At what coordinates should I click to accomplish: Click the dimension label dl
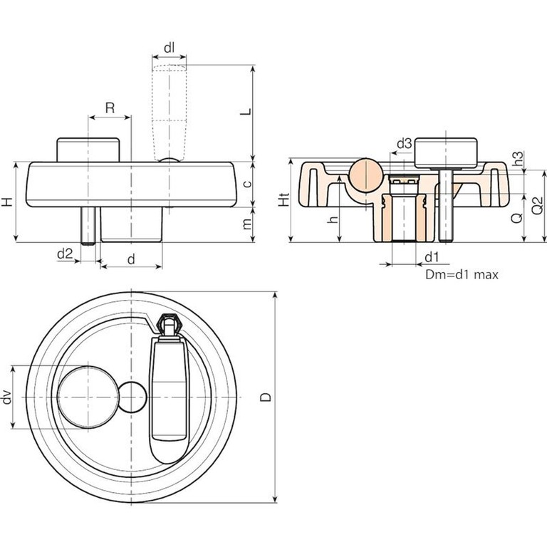(x=169, y=48)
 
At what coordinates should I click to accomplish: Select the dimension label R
(x=110, y=108)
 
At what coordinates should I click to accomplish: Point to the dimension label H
(x=7, y=202)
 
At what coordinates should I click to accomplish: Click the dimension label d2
(x=65, y=253)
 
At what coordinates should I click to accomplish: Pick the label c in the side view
(x=246, y=184)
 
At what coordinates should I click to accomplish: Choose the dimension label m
(x=246, y=223)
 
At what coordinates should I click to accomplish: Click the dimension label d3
(x=403, y=144)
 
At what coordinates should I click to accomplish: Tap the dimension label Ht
(x=283, y=202)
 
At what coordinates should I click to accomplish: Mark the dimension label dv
(x=7, y=397)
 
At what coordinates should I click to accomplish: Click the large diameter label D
(x=265, y=396)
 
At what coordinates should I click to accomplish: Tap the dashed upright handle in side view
(x=170, y=110)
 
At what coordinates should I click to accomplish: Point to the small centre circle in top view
(x=132, y=397)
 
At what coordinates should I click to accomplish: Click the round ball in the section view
(x=366, y=174)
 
